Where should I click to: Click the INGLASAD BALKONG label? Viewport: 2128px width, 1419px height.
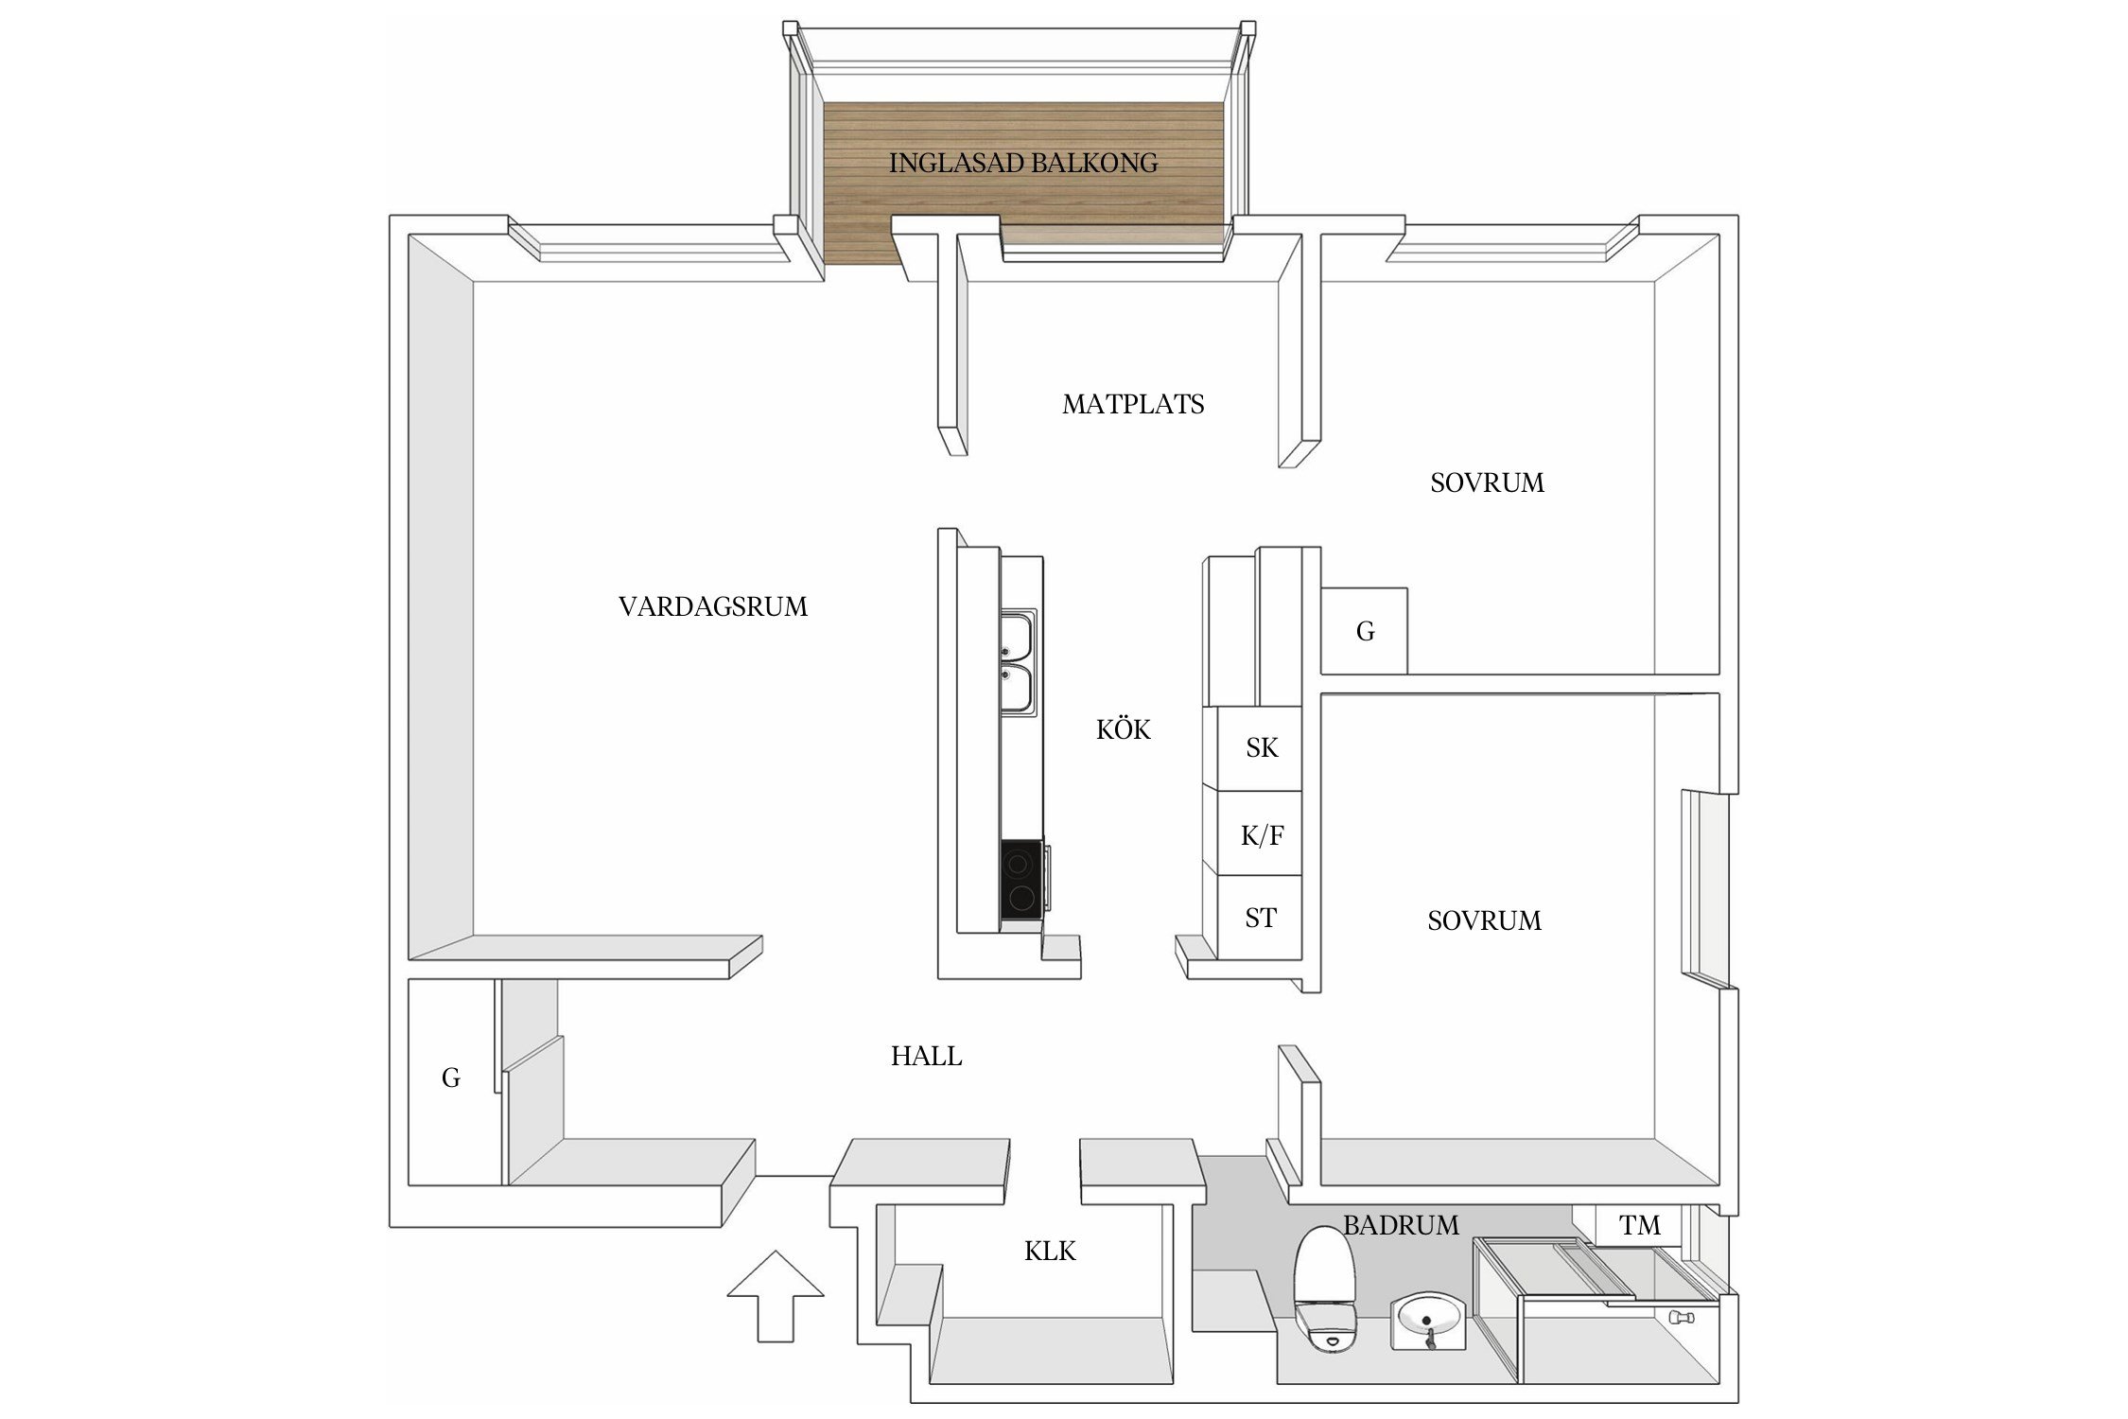pyautogui.click(x=1022, y=163)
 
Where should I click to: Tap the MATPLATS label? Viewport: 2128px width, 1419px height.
pyautogui.click(x=1132, y=405)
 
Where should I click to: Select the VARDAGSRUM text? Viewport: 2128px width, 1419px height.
pyautogui.click(x=712, y=606)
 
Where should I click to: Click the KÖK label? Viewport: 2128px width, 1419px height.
pyautogui.click(x=1123, y=729)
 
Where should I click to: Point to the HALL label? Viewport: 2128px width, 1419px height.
pyautogui.click(x=926, y=1056)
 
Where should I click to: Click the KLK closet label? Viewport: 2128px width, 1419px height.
pyautogui.click(x=1049, y=1252)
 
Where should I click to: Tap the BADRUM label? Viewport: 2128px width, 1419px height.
pyautogui.click(x=1400, y=1225)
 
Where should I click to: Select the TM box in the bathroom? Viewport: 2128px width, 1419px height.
pyautogui.click(x=1639, y=1225)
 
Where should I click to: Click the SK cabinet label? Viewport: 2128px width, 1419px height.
pyautogui.click(x=1261, y=748)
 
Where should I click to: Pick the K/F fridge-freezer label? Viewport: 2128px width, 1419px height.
pyautogui.click(x=1262, y=835)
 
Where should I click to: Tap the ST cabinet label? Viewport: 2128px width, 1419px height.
pyautogui.click(x=1260, y=918)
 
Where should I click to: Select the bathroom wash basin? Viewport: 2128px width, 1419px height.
pyautogui.click(x=1428, y=1320)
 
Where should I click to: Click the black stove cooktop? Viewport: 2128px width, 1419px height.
pyautogui.click(x=1021, y=879)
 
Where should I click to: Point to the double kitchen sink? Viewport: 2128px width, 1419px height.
pyautogui.click(x=1018, y=662)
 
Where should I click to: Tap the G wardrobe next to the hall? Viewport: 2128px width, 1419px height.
pyautogui.click(x=451, y=1077)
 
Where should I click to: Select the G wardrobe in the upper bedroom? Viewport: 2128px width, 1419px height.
pyautogui.click(x=1364, y=632)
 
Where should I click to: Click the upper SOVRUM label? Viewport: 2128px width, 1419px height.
pyautogui.click(x=1486, y=483)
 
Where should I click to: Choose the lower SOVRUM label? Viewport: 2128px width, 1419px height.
pyautogui.click(x=1483, y=920)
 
